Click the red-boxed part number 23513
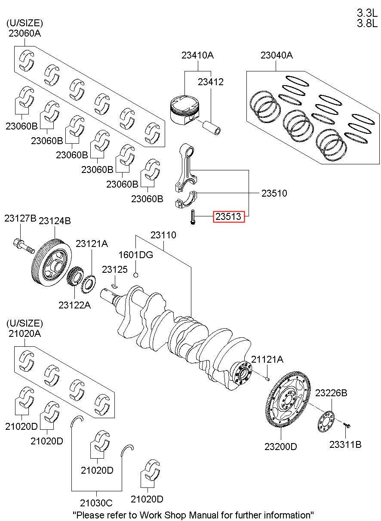(x=229, y=217)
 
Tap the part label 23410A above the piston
(x=197, y=55)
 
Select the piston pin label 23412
(x=211, y=82)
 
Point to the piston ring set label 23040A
(x=277, y=55)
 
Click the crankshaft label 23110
(x=163, y=235)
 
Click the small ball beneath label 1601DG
(x=136, y=275)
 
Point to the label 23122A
(x=75, y=305)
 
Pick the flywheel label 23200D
(x=281, y=447)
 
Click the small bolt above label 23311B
(x=347, y=425)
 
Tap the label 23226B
(x=331, y=393)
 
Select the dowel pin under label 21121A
(x=267, y=379)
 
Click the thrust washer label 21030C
(x=96, y=503)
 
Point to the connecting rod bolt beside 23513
(x=193, y=216)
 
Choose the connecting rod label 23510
(x=274, y=194)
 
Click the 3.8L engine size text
(x=367, y=24)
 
